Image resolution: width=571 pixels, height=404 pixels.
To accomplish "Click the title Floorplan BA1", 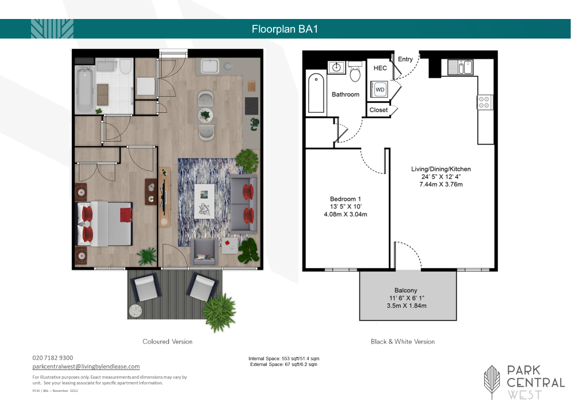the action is pos(285,29).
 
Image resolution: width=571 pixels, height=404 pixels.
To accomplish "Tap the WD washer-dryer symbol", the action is pos(380,89).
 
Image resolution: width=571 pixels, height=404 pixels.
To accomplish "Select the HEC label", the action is pos(380,68).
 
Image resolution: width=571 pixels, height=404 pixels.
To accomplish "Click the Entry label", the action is pos(405,59).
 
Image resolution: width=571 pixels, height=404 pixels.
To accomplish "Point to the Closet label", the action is pos(378,110).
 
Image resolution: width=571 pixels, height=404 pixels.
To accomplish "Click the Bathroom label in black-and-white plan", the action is pos(346,94).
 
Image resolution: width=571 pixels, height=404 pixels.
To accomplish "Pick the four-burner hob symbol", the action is pos(485,102).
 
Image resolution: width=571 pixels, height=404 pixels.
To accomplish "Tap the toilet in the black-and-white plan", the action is pos(355,71).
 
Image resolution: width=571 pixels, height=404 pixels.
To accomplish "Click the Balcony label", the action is pos(405,290).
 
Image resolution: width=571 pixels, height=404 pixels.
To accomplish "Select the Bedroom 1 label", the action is pos(345,199).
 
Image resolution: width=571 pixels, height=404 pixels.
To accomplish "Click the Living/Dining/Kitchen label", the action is pos(441,169).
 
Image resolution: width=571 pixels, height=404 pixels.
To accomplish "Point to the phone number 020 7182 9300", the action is pos(53,358).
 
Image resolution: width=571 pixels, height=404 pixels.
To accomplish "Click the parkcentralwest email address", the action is pos(86,367).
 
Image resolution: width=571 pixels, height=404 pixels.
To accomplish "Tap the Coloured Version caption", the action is pos(167,342).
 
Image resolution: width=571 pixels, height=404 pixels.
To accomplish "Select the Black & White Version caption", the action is pos(403,342).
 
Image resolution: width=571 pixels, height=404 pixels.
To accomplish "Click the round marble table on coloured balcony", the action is pos(135,311).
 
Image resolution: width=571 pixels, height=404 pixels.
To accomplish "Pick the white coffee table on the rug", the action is pos(204,201).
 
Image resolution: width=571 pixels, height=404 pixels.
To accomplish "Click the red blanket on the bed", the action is pos(125,215).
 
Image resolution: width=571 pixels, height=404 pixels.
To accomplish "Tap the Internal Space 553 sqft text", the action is pos(284,359).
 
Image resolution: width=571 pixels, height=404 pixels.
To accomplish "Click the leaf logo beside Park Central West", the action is pos(492,382).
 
